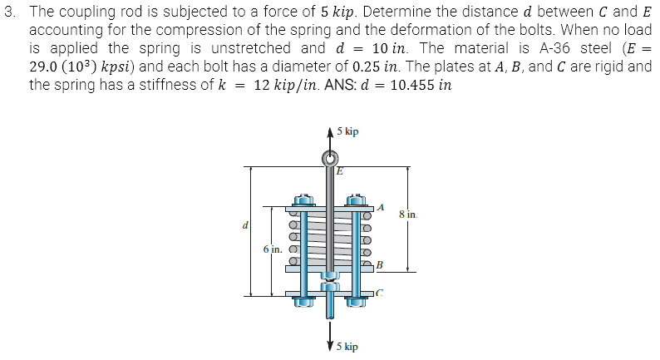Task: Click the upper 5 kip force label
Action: pos(348,131)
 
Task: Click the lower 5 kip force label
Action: pos(348,345)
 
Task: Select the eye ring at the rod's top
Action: pos(331,158)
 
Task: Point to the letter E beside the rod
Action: pos(338,172)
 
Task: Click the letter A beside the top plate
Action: pos(381,206)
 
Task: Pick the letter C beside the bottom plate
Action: pos(381,293)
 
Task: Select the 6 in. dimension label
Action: pos(273,249)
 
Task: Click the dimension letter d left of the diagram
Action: pos(245,224)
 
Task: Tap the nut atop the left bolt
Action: pos(303,200)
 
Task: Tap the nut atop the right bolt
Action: pos(359,200)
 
